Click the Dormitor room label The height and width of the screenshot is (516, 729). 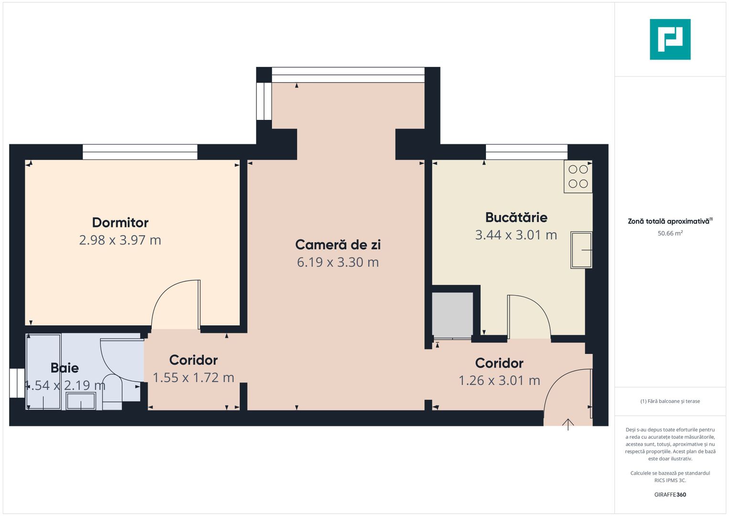tap(120, 223)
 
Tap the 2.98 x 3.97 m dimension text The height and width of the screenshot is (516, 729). tap(120, 240)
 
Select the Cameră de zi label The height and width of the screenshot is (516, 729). tap(338, 245)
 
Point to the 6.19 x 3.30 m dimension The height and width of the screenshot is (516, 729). tap(338, 262)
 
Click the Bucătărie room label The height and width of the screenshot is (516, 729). tap(516, 217)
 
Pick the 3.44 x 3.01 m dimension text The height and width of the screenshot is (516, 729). tap(516, 235)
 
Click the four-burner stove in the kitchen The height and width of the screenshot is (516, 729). tap(578, 177)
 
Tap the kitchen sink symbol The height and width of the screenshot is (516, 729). tap(581, 250)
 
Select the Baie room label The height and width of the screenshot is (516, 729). tap(65, 368)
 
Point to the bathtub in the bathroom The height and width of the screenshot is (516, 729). tap(43, 372)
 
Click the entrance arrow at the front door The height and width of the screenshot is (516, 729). tap(568, 424)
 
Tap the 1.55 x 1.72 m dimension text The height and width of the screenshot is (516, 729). tap(193, 377)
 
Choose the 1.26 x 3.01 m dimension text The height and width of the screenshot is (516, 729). tap(499, 380)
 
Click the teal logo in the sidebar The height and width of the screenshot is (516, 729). tap(670, 39)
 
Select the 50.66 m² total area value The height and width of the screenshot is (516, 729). tap(670, 234)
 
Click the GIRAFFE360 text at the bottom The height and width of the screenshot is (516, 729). tap(670, 494)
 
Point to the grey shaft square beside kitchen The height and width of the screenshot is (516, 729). tap(452, 315)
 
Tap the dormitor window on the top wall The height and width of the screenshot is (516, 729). tap(140, 152)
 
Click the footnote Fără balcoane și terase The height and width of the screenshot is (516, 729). tap(670, 401)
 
